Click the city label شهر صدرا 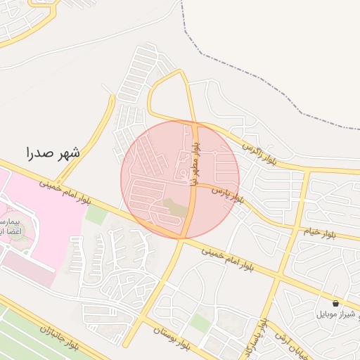coord(53,152)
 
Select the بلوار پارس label coord(230,194)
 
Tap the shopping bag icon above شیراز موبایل coord(335,303)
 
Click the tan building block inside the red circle coord(176,207)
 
